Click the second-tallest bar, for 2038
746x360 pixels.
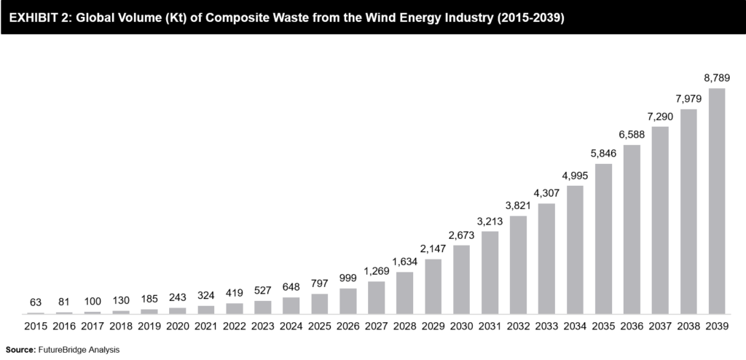(x=688, y=211)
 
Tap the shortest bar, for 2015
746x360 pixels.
(x=36, y=313)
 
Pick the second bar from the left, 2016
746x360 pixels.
(x=64, y=312)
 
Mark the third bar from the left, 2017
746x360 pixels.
(x=93, y=312)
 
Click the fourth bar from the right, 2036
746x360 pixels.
(x=632, y=229)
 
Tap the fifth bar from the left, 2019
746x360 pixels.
(x=149, y=311)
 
